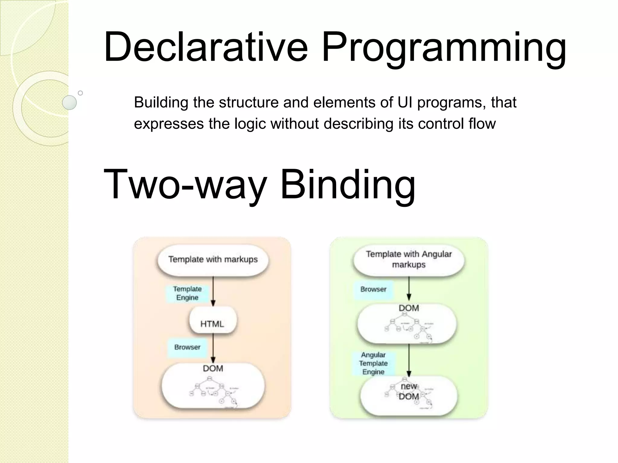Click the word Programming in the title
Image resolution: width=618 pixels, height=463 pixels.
pos(444,48)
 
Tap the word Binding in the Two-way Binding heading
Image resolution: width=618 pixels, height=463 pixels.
pos(348,184)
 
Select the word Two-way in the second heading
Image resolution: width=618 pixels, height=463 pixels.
pos(185,184)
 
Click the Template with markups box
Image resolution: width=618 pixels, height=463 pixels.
pos(213,260)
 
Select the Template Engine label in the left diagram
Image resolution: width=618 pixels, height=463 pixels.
pos(187,293)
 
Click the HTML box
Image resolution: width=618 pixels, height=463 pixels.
pos(212,324)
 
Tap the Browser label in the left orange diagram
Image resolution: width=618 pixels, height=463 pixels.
pos(187,347)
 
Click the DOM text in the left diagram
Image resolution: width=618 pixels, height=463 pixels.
pos(213,368)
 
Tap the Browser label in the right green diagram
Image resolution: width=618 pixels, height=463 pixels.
pos(373,289)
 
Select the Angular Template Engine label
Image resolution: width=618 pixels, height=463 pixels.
pos(373,363)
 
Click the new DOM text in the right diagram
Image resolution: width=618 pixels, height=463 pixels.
pos(409,391)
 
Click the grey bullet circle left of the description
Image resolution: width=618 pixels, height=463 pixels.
pos(69,102)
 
